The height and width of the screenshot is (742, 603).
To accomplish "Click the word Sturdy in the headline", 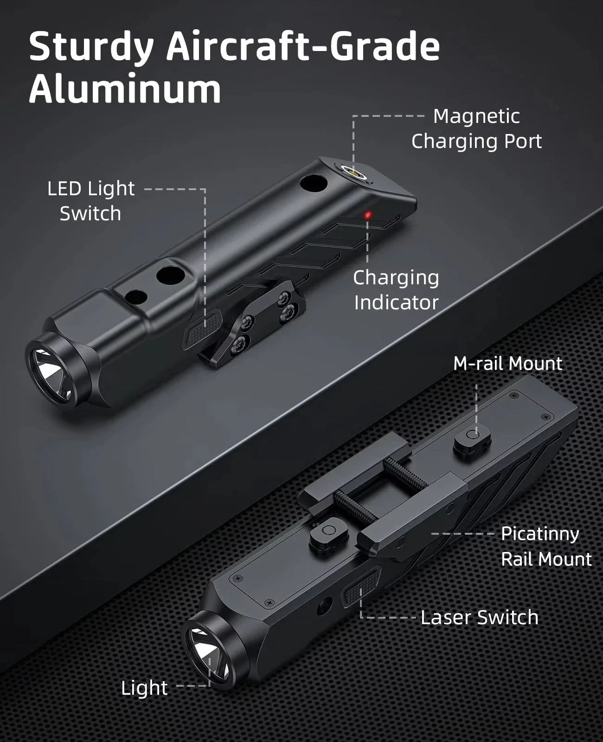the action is pos(91,46).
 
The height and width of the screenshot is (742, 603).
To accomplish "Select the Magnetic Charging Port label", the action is pos(476,128).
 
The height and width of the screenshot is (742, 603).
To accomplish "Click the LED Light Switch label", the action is pos(91,201).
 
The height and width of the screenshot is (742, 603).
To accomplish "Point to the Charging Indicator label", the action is pos(396,290).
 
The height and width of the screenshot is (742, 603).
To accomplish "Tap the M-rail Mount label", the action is pos(507,364).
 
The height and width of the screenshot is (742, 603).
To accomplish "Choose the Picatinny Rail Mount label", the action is pos(546,546).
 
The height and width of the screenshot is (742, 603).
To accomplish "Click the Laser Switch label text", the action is pos(479,617).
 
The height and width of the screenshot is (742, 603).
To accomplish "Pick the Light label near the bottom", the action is pos(144,688).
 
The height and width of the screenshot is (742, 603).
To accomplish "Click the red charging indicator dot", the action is pos(368,215).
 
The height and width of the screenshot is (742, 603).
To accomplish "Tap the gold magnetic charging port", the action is pos(353,173).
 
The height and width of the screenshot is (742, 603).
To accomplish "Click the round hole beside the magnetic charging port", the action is pos(312,182).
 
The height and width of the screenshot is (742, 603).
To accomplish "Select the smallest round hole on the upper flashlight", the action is pos(135,297).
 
